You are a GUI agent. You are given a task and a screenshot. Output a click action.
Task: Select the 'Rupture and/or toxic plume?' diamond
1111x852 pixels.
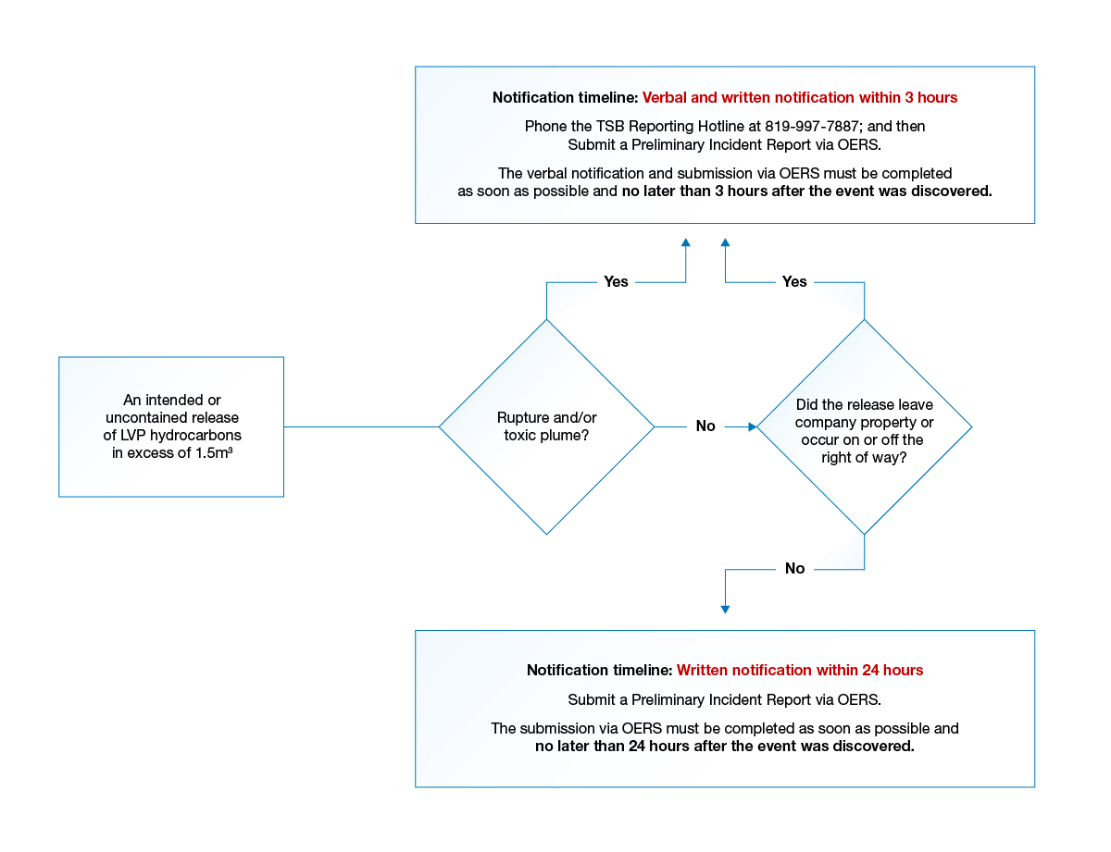click(546, 426)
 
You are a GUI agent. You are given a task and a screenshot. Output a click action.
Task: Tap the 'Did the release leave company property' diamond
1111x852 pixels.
click(865, 427)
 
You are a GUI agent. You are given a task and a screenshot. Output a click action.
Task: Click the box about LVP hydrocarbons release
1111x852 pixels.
click(171, 426)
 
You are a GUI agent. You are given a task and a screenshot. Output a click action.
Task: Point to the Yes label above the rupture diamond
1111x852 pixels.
click(616, 282)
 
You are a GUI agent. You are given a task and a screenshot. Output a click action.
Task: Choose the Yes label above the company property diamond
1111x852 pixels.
click(794, 282)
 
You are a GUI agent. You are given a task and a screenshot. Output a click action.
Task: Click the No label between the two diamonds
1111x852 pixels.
click(705, 426)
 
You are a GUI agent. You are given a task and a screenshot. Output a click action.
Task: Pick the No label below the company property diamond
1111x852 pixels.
click(794, 569)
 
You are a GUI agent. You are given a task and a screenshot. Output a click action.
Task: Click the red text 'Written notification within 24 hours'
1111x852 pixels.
click(800, 670)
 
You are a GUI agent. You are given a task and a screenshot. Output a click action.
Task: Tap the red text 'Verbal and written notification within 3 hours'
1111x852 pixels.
click(800, 97)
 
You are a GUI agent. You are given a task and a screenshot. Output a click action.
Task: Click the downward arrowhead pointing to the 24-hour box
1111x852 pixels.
click(725, 609)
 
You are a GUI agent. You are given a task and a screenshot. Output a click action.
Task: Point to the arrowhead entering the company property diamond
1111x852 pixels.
click(752, 427)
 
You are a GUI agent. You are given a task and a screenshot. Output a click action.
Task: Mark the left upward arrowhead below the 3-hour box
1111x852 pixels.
click(686, 242)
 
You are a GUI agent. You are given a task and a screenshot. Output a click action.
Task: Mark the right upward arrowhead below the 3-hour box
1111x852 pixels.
click(725, 242)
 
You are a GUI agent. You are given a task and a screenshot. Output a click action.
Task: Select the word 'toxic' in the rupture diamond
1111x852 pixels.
click(521, 436)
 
